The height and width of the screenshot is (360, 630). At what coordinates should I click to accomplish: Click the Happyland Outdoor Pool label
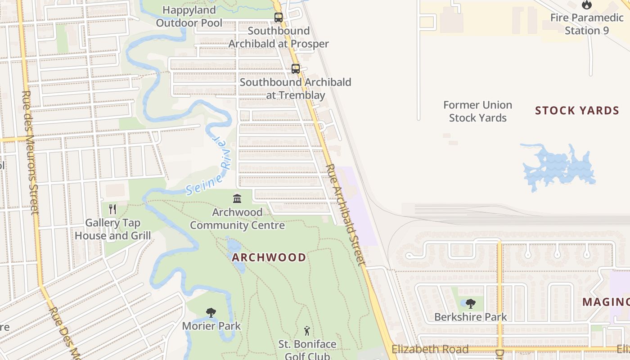tap(189, 16)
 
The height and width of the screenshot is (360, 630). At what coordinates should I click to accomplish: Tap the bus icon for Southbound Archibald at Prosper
tap(279, 18)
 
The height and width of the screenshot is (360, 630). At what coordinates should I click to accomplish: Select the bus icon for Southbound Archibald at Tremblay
tap(295, 69)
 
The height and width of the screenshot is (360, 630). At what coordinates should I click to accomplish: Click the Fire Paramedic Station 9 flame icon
tap(586, 5)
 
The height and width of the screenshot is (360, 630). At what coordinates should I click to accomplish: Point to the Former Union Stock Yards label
tap(477, 111)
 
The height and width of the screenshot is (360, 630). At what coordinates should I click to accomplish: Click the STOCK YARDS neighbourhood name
tap(577, 111)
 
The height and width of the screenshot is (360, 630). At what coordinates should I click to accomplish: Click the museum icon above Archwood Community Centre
tap(237, 198)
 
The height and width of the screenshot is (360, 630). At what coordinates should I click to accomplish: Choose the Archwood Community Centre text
tap(237, 219)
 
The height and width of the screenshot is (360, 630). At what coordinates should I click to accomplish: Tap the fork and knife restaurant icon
tap(112, 209)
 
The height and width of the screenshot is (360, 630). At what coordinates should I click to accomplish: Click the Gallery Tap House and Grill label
tap(113, 229)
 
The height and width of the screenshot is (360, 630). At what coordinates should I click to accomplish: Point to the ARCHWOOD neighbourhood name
tap(269, 257)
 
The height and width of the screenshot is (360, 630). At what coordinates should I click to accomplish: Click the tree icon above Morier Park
tap(211, 313)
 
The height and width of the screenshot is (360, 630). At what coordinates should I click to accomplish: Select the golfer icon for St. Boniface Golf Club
tap(307, 331)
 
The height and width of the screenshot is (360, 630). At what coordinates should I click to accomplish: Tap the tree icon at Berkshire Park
tap(470, 304)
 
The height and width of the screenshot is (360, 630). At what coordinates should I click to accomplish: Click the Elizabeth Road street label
tap(430, 349)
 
